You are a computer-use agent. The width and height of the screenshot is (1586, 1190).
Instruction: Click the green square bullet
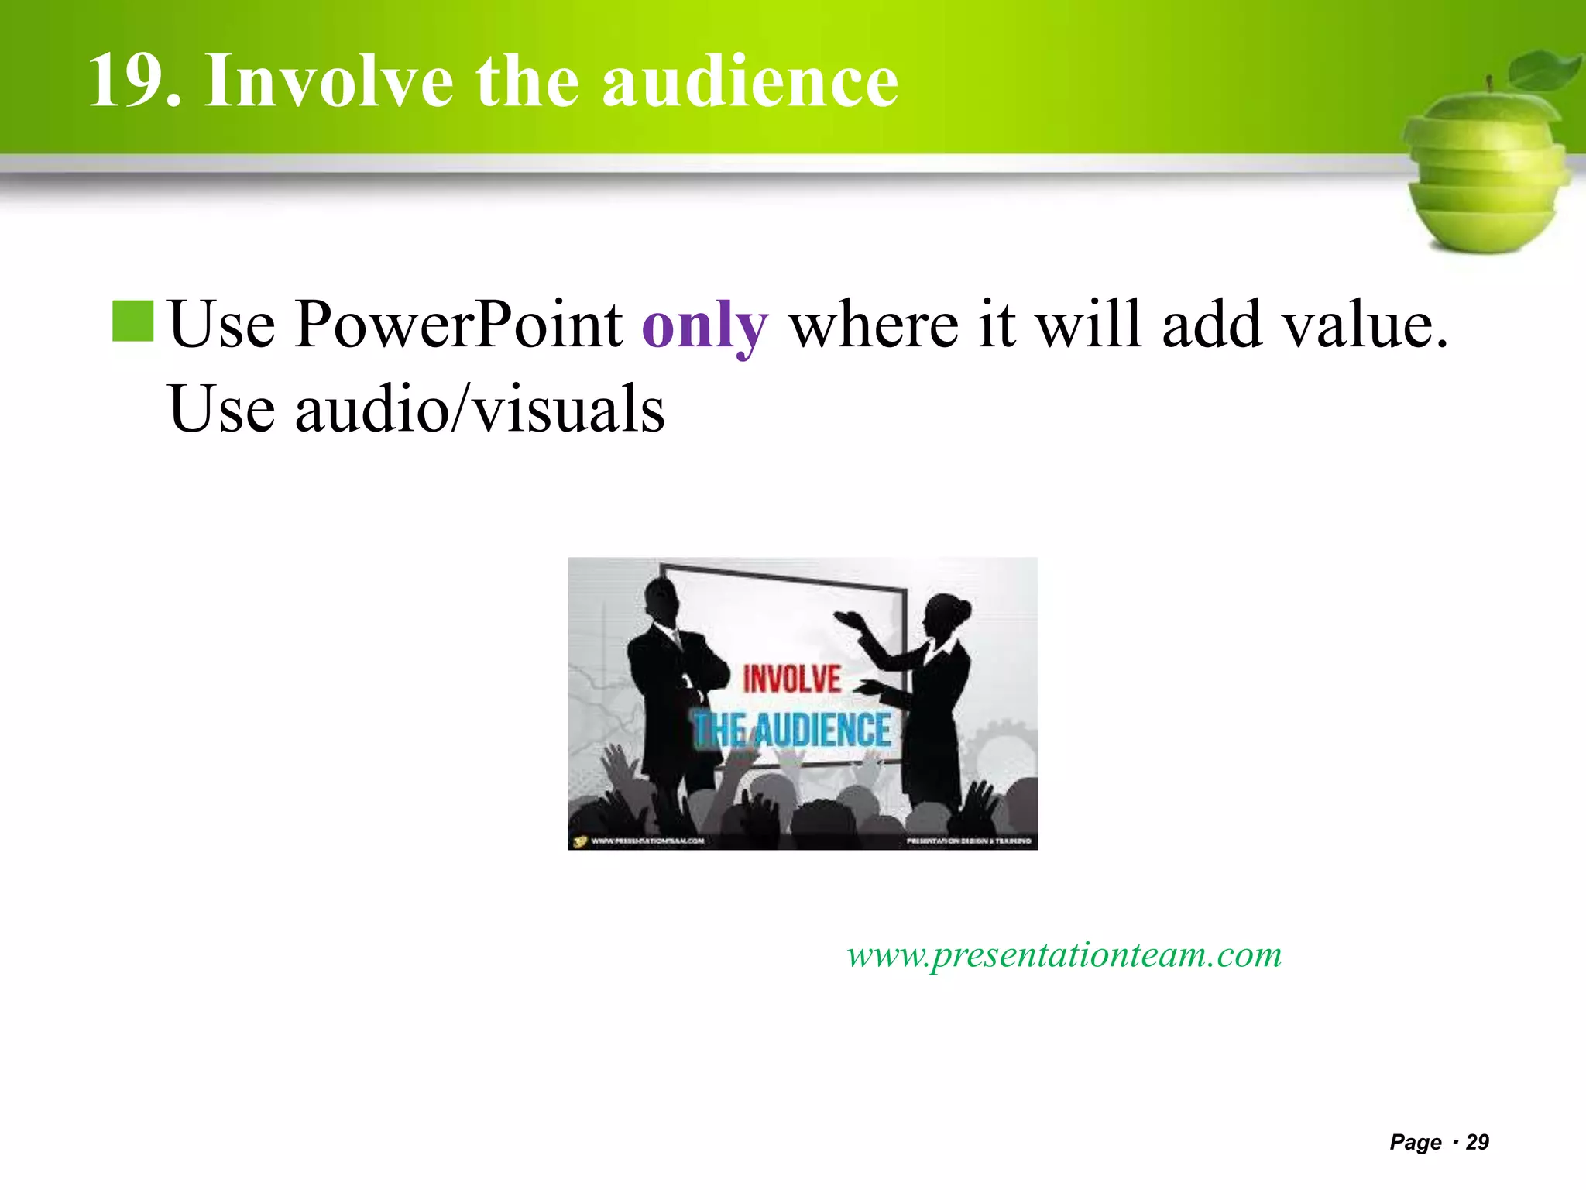[x=133, y=322]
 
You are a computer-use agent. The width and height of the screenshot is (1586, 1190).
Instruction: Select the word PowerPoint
[x=458, y=325]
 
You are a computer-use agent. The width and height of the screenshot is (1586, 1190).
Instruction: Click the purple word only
[x=705, y=326]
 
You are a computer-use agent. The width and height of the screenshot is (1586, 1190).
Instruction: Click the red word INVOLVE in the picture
[x=791, y=679]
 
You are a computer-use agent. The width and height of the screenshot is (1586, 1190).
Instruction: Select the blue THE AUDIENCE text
[x=791, y=730]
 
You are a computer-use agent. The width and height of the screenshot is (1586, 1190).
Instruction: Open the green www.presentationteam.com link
[x=1064, y=954]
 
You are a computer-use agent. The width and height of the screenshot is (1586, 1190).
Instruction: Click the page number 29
[x=1478, y=1142]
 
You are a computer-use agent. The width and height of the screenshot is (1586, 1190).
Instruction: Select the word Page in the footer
[x=1416, y=1142]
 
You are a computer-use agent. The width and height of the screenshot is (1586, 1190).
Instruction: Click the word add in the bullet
[x=1212, y=325]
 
